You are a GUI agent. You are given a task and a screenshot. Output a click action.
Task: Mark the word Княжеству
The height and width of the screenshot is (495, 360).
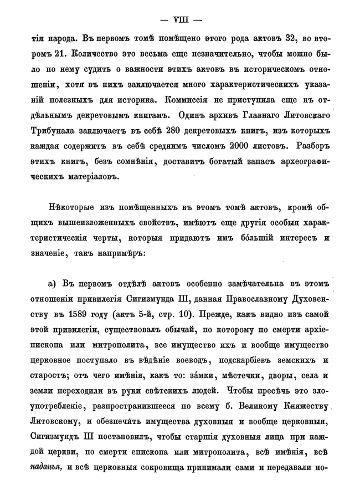[x=307, y=406]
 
